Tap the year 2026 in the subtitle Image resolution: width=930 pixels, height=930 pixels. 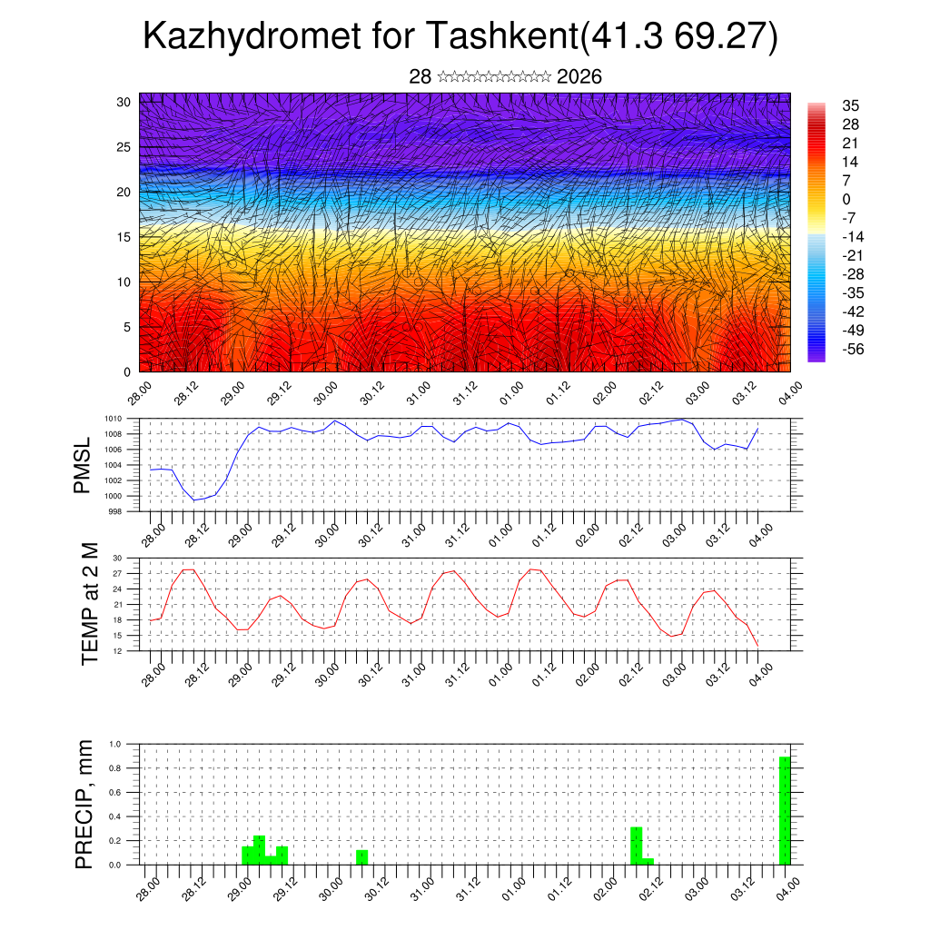pos(579,77)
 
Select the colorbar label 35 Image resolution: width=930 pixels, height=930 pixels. pos(851,105)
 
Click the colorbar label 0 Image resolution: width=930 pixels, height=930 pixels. pos(846,199)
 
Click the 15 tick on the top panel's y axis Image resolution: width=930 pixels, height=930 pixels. pos(124,237)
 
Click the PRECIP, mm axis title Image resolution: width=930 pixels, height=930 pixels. pos(84,803)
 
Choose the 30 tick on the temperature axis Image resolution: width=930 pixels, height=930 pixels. pos(117,558)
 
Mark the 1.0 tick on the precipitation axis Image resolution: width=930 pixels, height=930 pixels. pos(115,744)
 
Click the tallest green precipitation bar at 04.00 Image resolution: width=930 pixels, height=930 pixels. pos(785,810)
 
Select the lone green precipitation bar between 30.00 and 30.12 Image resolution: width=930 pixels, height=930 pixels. pos(361,857)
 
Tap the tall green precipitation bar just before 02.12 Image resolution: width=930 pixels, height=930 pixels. pos(636,846)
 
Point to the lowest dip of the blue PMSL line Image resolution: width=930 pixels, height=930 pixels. pos(194,500)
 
